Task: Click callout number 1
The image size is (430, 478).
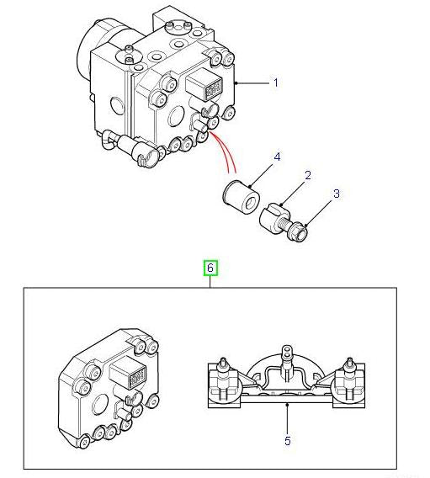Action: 275,82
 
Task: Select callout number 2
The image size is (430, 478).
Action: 308,175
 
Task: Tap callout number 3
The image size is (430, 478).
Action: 336,194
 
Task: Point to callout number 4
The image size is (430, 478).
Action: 277,157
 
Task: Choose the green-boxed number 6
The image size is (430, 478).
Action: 211,268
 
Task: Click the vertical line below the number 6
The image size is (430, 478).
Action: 211,282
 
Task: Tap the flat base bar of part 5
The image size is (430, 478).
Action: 287,401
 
